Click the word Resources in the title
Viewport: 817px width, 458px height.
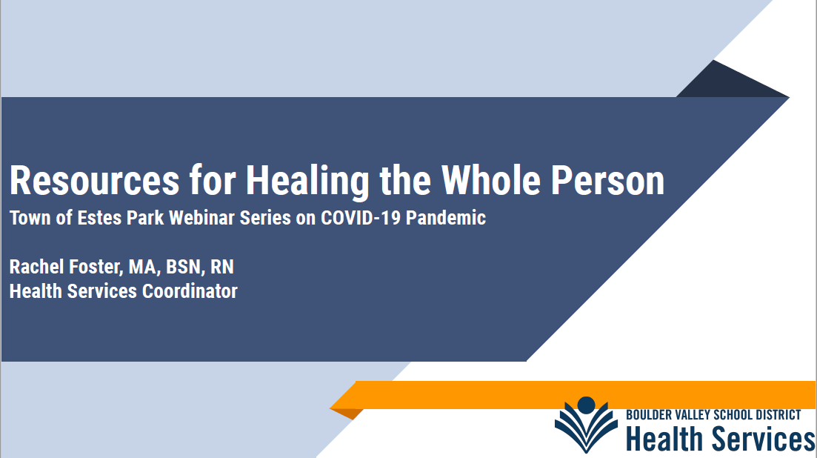tap(94, 180)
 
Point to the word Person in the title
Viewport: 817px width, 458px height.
tap(607, 180)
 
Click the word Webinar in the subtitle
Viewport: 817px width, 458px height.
tap(201, 217)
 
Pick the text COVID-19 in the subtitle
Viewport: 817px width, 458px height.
tap(361, 217)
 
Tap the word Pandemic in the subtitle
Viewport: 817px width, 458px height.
tap(445, 217)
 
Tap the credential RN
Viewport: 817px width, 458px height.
tap(222, 267)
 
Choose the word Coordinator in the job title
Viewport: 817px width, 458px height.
tap(190, 291)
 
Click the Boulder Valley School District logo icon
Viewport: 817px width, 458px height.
tap(586, 425)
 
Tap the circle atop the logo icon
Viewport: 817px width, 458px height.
tap(586, 405)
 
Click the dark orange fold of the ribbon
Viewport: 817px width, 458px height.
tap(347, 414)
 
